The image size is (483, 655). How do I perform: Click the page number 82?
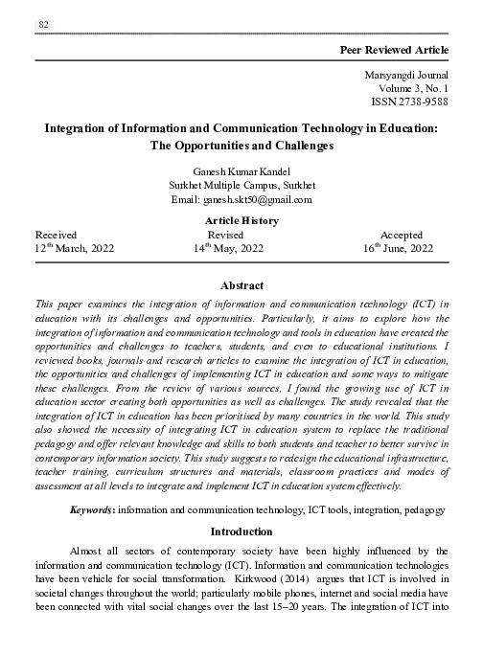coord(43,24)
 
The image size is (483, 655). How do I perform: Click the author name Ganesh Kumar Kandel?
coord(241,170)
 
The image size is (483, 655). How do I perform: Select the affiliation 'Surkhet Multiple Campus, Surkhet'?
coord(241,185)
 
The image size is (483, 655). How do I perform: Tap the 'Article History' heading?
coord(241,220)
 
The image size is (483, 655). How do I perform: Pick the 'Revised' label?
coord(227,234)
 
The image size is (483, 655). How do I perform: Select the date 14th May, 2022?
coord(229,248)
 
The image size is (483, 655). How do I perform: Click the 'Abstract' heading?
coord(241,285)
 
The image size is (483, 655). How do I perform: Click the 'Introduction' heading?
coord(241,531)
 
